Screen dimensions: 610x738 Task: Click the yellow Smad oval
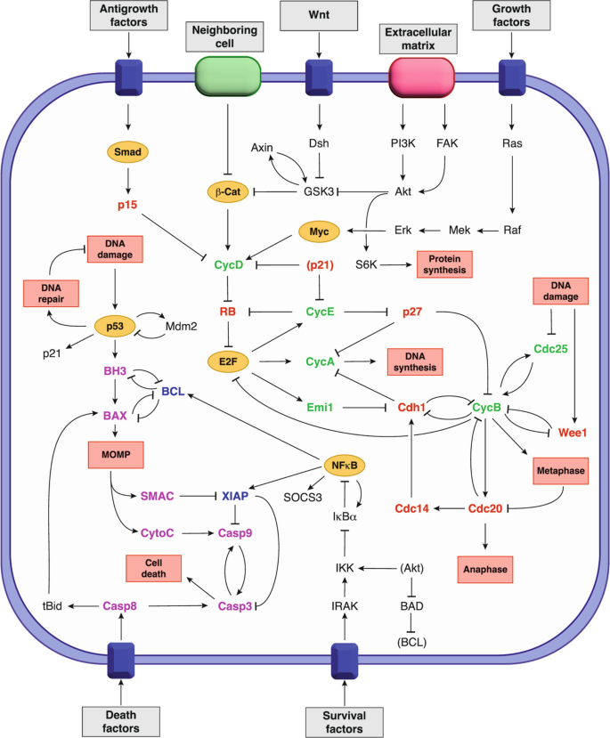click(127, 152)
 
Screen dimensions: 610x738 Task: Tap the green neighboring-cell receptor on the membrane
click(228, 77)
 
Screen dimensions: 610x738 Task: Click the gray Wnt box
click(319, 15)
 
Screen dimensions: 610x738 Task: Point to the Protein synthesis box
click(444, 264)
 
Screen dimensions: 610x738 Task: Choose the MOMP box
click(116, 455)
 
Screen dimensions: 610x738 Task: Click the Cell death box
click(153, 568)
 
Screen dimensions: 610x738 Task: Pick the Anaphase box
click(485, 570)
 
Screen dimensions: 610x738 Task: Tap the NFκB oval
click(345, 466)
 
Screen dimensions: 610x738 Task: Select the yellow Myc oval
click(319, 231)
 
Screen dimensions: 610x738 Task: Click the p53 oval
click(115, 326)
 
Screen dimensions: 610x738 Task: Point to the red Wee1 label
click(573, 433)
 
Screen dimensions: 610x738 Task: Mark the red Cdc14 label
click(411, 508)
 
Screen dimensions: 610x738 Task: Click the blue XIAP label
click(235, 496)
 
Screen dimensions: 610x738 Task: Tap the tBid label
click(53, 605)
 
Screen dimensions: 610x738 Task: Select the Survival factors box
click(344, 722)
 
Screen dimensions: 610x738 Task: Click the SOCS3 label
click(303, 498)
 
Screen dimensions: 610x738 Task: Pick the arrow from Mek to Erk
click(430, 231)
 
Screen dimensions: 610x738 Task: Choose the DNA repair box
click(51, 293)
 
